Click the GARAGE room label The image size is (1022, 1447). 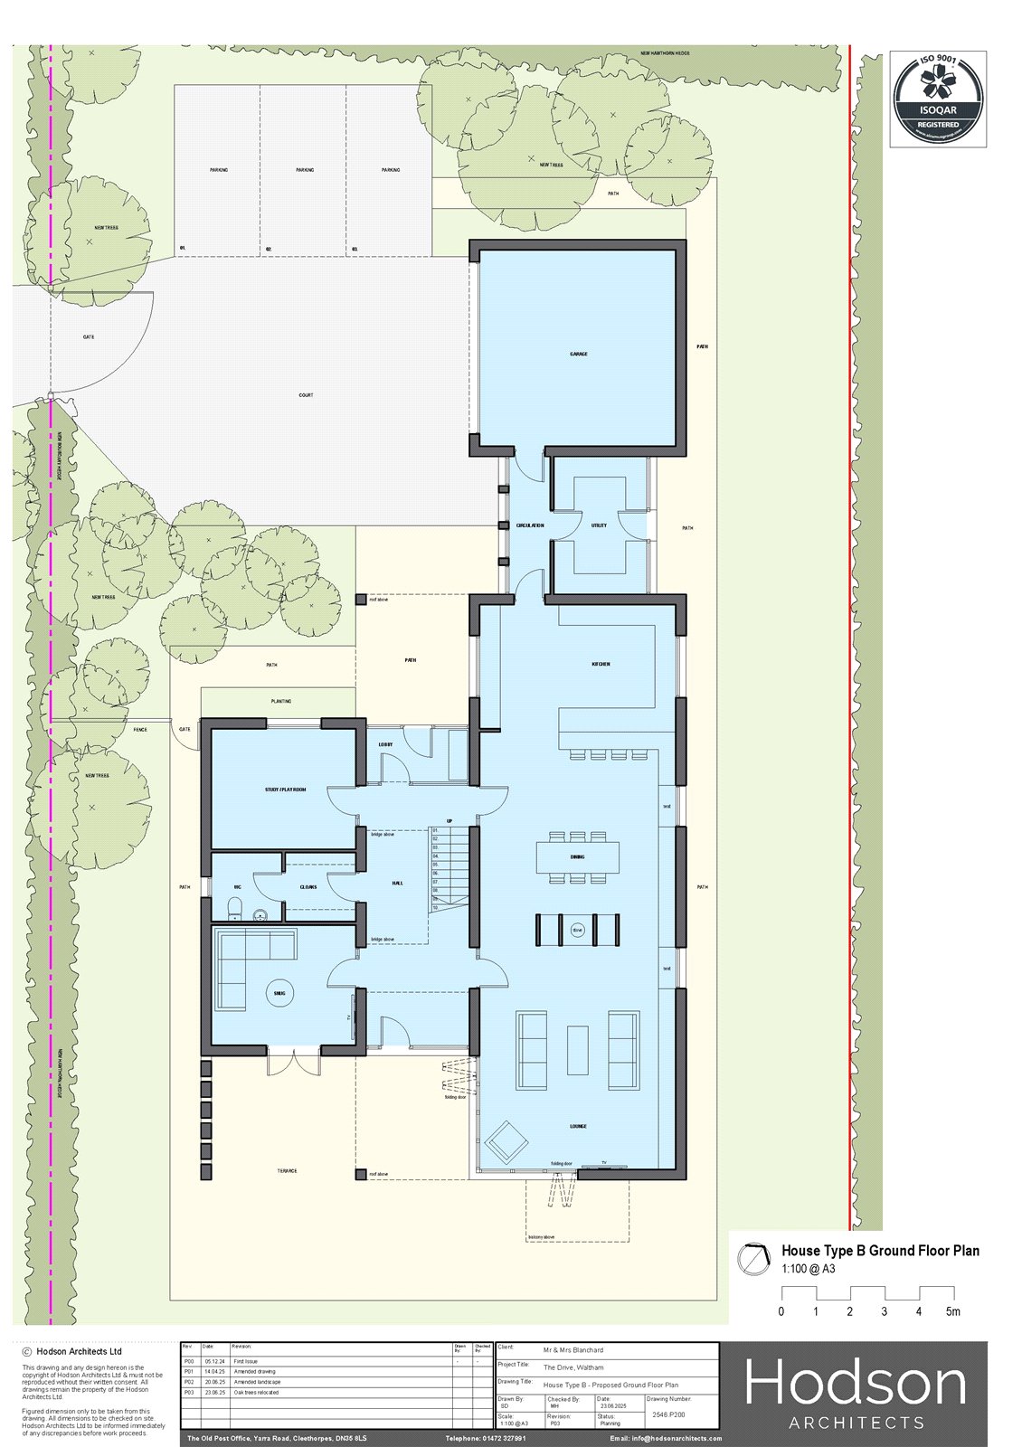coord(579,354)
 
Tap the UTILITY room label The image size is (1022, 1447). coord(599,525)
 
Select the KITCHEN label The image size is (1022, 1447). coord(601,664)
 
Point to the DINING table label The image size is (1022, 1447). coord(577,856)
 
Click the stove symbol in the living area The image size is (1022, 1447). coord(577,930)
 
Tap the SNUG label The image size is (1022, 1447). coord(279,993)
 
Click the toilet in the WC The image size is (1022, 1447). coord(234,908)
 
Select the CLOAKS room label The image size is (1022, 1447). coord(308,886)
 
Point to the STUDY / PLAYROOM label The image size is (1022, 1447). coord(285,790)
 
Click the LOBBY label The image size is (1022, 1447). coord(385,744)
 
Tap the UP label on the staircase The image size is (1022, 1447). coord(449,821)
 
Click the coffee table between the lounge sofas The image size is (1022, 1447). coord(577,1050)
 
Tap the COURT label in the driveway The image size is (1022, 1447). coord(306,395)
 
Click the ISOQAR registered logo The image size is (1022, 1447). coord(938,99)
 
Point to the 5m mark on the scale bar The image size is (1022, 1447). coord(953,1311)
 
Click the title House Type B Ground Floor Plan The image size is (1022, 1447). coord(880,1251)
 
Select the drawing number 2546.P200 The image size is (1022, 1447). coord(668,1414)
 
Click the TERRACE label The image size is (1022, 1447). coord(287,1171)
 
